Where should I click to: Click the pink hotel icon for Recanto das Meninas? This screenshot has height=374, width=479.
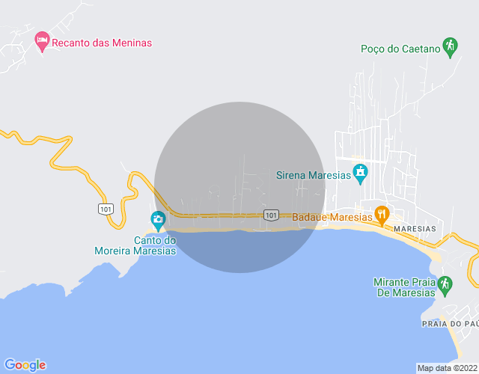coord(43,40)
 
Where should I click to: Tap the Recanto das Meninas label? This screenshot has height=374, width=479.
coord(103,43)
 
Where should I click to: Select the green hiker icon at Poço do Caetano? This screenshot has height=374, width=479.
coord(449,47)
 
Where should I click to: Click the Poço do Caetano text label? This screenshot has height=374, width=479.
coord(400,49)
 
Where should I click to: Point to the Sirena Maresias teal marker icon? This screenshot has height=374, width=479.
coord(360,173)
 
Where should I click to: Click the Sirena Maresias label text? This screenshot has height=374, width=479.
coord(314,175)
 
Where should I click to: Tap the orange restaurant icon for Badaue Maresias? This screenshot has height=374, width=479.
coord(382,215)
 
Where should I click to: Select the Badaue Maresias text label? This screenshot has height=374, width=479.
coord(332,218)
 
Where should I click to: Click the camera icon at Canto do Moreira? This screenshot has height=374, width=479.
coord(157,219)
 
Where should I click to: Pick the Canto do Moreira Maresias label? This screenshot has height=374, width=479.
coord(135,245)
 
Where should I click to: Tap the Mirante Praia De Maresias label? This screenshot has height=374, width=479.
coord(404,287)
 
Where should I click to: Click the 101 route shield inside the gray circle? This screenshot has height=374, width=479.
coord(271,215)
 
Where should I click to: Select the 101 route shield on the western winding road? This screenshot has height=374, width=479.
coord(105,208)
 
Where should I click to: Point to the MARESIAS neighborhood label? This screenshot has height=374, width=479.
coord(415,228)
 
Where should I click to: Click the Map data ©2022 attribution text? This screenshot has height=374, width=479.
coord(447,368)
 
